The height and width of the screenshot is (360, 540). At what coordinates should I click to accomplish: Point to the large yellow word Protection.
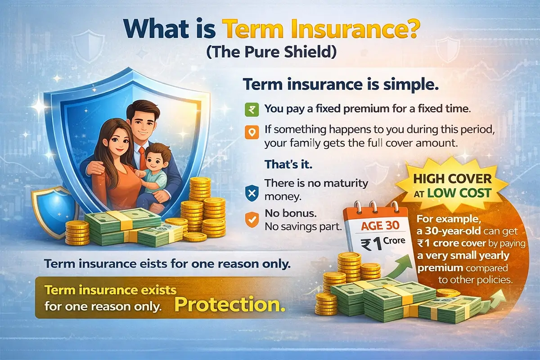click(229, 305)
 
